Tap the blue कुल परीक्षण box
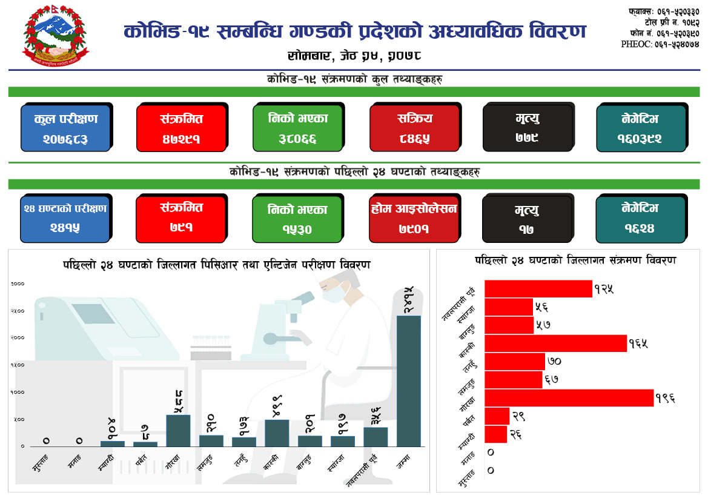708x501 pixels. (x=65, y=128)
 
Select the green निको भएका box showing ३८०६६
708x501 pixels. (x=297, y=128)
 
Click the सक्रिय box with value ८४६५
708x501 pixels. (x=415, y=128)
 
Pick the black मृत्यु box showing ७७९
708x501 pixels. (x=528, y=128)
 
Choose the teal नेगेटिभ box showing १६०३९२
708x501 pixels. (x=641, y=128)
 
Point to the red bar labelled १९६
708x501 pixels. (x=569, y=398)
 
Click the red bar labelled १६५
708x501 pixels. (x=556, y=343)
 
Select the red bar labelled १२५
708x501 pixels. (x=538, y=289)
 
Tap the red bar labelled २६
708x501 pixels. (x=496, y=434)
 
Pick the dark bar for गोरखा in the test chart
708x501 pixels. (x=178, y=430)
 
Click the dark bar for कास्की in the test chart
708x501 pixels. (x=277, y=433)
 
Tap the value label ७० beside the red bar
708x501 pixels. (x=554, y=362)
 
